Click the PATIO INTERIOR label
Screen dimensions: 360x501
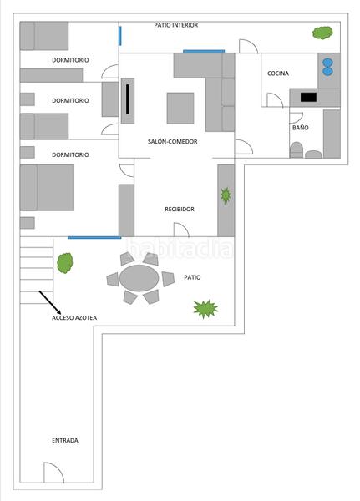(176, 25)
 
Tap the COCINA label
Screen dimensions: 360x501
(278, 73)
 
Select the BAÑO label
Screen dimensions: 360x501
(300, 128)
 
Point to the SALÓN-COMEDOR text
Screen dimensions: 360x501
(172, 141)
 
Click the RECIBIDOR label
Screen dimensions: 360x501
(180, 209)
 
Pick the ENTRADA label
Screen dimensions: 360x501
(65, 440)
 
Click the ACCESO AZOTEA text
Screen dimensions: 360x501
(74, 317)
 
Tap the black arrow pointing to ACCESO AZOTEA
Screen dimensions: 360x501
(50, 302)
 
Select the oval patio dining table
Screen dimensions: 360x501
(139, 278)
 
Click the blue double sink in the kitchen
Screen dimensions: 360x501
(327, 67)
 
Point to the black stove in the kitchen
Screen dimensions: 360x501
(308, 97)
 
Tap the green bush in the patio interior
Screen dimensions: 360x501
(322, 33)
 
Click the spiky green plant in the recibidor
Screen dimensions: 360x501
(226, 196)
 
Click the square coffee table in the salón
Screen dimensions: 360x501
(180, 108)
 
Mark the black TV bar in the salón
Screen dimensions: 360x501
(128, 99)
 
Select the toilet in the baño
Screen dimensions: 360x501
(296, 149)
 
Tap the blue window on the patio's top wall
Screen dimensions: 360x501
(94, 237)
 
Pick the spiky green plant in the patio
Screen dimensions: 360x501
(205, 309)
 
